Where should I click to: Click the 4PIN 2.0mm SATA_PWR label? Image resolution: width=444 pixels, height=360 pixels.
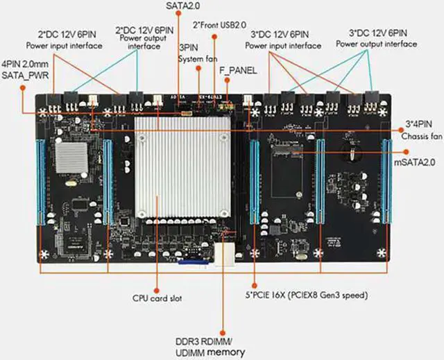[22, 69]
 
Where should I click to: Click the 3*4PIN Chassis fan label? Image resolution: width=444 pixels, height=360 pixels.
[420, 130]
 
